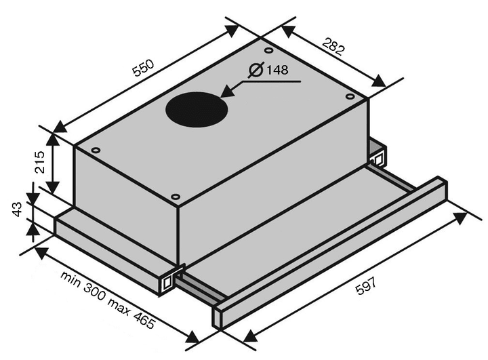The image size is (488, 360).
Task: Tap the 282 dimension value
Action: (x=333, y=46)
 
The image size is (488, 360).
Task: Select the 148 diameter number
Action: (x=277, y=70)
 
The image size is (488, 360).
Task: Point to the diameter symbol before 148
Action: (x=256, y=70)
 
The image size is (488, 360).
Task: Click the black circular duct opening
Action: (x=197, y=109)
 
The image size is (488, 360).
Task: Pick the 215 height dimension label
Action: (x=40, y=162)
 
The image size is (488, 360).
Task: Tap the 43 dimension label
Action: (x=18, y=209)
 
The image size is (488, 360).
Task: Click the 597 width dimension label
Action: (x=366, y=285)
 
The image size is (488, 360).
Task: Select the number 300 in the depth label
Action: (x=95, y=292)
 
